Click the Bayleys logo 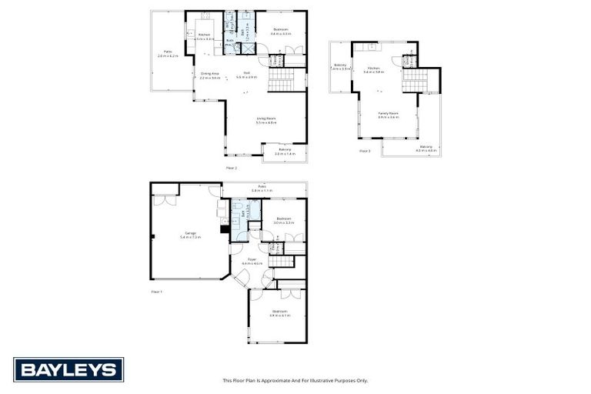click(x=68, y=369)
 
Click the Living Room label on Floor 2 click(x=265, y=119)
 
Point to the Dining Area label click(x=210, y=75)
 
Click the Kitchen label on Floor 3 click(x=373, y=68)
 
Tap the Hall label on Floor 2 click(x=247, y=75)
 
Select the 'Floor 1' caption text click(x=157, y=292)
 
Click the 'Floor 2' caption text click(x=231, y=167)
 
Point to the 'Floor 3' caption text click(x=365, y=151)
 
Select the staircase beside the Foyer click(x=282, y=262)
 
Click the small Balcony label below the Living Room click(x=285, y=151)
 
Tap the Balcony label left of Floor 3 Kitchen click(x=339, y=66)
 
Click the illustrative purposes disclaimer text click(x=295, y=380)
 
